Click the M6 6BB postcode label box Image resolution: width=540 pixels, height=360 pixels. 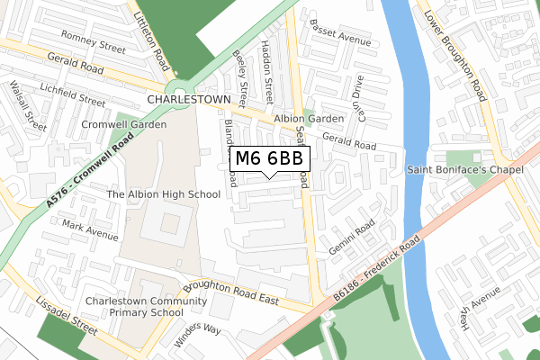tap(271, 158)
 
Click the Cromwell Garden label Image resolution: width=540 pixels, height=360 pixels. tap(123, 124)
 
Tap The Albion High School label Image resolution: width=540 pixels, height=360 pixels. tap(163, 193)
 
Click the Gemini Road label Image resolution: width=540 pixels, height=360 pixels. tap(350, 238)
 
